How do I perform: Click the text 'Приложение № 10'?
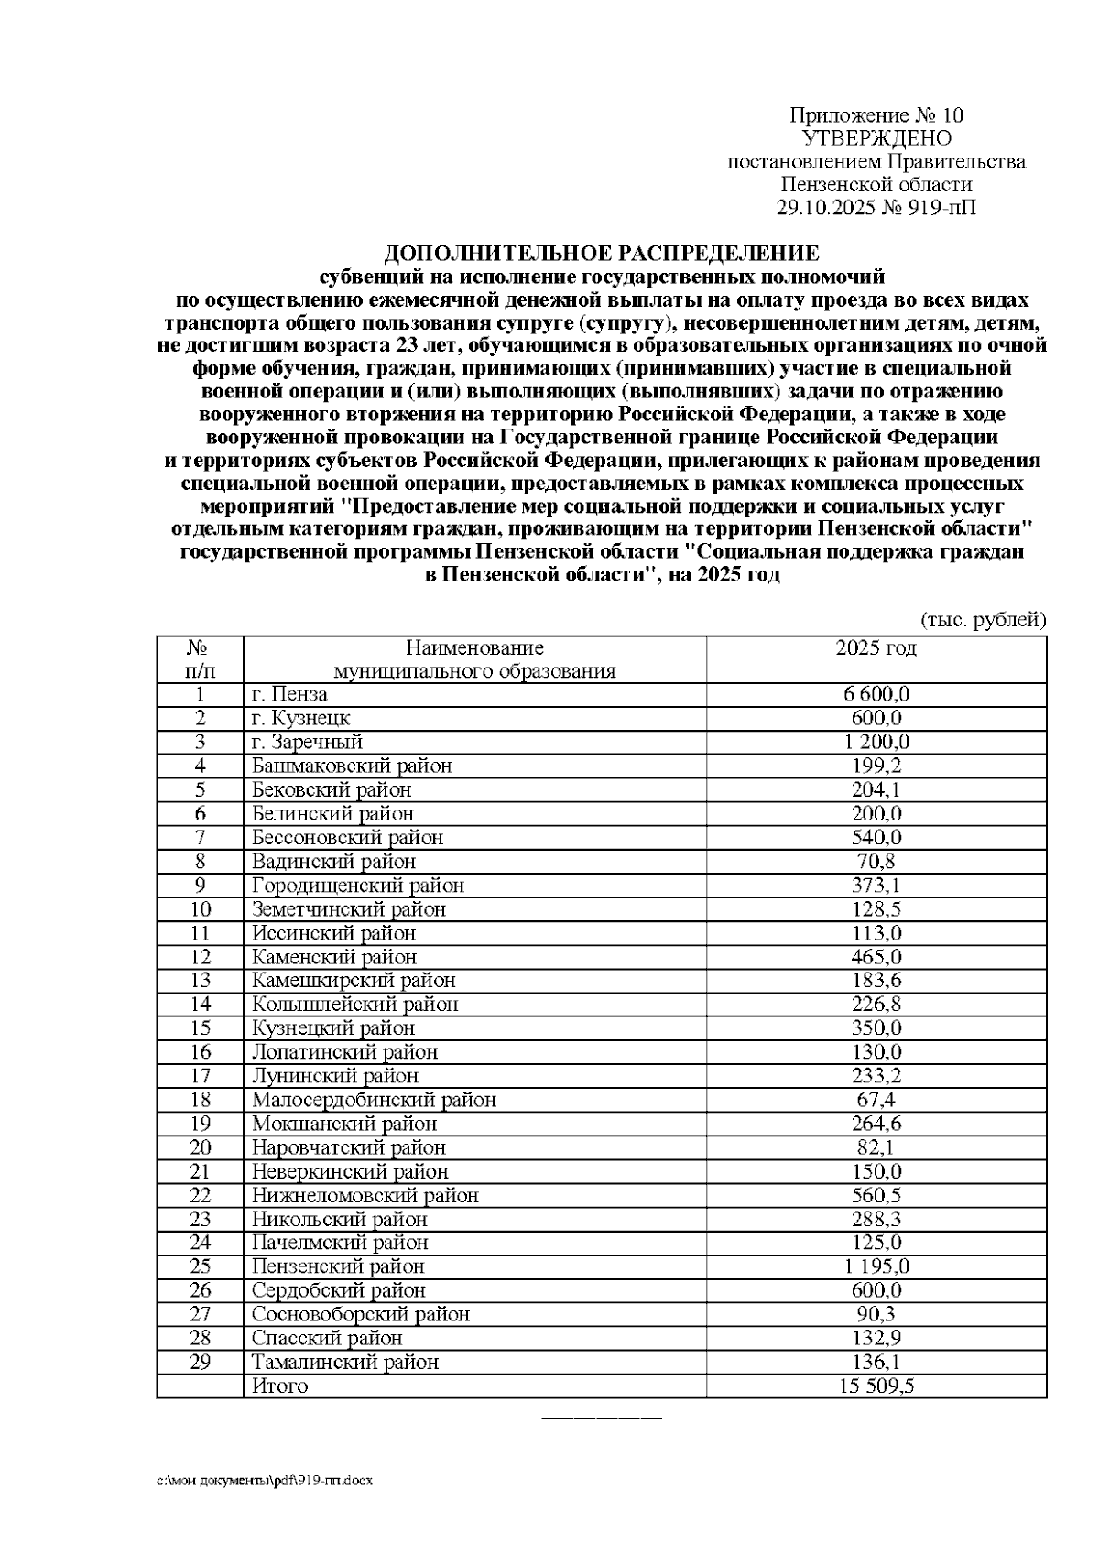876,115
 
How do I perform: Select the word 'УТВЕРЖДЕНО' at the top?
876,138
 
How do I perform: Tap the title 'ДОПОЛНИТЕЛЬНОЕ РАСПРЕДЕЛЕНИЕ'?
601,253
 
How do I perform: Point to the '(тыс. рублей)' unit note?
982,620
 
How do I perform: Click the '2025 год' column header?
876,648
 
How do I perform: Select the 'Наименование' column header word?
474,648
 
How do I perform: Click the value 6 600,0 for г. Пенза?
876,694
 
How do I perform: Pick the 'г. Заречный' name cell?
308,742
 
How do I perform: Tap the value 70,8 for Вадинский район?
876,861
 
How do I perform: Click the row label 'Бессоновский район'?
347,837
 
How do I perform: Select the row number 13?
200,980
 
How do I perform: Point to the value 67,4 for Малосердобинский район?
876,1099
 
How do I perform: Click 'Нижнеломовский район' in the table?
365,1195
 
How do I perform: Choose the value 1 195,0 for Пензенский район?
876,1266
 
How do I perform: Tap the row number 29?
200,1362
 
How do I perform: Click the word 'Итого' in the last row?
280,1386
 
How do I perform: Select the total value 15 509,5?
876,1386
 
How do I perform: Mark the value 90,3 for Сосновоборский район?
876,1314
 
